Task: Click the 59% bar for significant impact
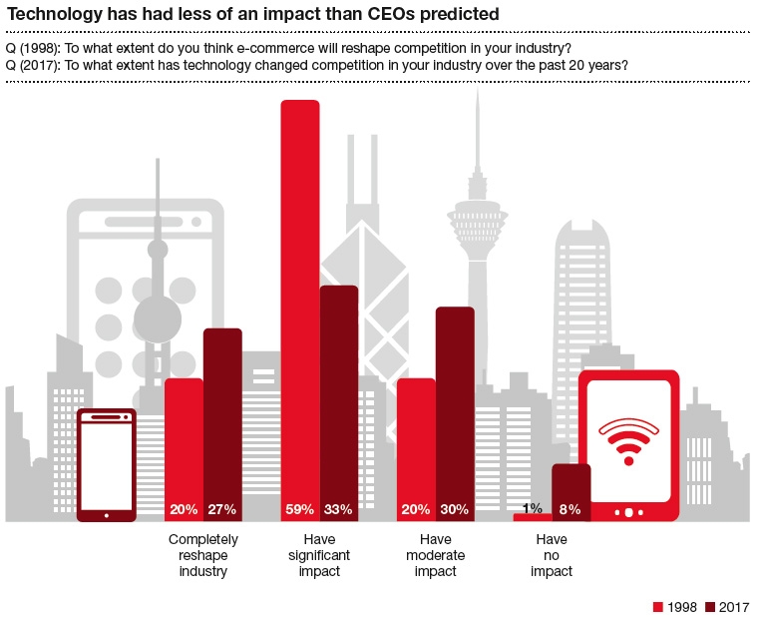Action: click(x=300, y=309)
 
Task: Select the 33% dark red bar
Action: click(x=339, y=399)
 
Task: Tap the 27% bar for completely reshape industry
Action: click(x=222, y=419)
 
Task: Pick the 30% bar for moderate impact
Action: click(x=455, y=409)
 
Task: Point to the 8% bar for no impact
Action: click(x=571, y=489)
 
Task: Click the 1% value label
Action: click(x=533, y=509)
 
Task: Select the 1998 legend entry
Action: click(x=676, y=606)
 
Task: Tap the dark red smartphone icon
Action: click(x=107, y=464)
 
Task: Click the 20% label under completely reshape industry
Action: click(x=184, y=509)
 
